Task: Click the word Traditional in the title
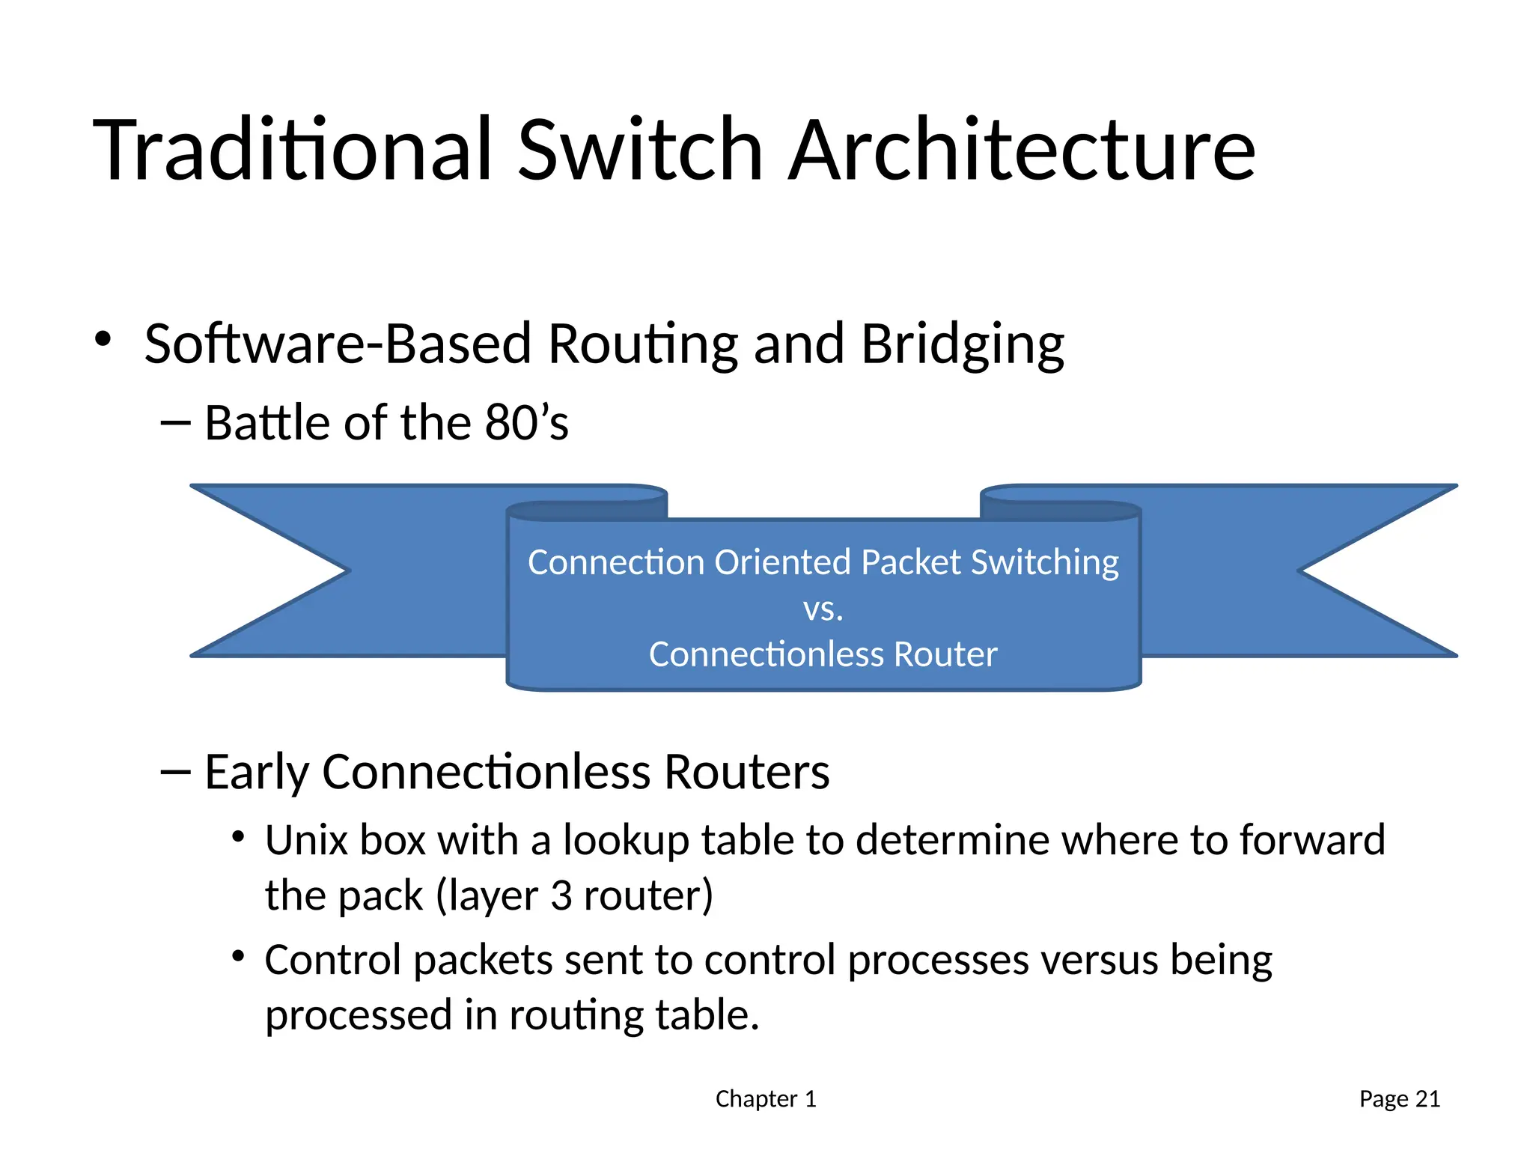pos(293,150)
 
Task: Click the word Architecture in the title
pos(1022,150)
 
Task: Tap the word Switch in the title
pos(640,150)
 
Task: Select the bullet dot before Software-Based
pos(103,339)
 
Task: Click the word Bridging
pos(962,345)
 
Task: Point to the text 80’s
pos(526,423)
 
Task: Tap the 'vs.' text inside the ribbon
pos(823,609)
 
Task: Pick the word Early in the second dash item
pos(257,773)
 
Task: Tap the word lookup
pos(626,840)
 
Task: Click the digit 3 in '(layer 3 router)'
pos(561,895)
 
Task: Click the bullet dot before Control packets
pos(238,956)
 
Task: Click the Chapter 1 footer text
pos(765,1099)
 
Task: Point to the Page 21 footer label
pos(1399,1099)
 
